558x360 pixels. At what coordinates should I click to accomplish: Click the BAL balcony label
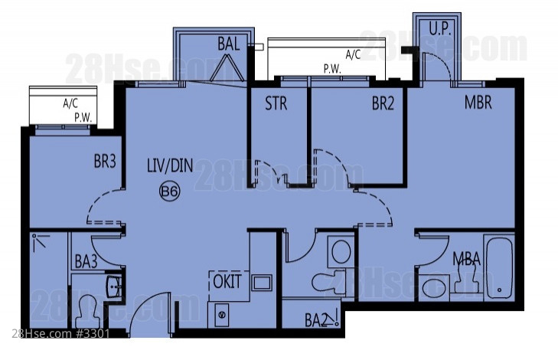tap(228, 44)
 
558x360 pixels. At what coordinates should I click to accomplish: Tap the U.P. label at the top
tap(440, 29)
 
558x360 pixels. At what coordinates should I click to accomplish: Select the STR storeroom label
tap(276, 103)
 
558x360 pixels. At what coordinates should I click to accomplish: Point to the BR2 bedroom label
tap(383, 103)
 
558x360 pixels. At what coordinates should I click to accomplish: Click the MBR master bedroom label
tap(478, 102)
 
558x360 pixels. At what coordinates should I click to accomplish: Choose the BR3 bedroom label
tap(105, 161)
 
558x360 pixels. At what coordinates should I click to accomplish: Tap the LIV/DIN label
tap(170, 165)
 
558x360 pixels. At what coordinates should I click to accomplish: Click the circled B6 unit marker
tap(169, 191)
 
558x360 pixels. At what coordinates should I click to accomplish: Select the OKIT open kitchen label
tap(227, 281)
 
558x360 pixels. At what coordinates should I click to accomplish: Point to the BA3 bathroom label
tap(86, 262)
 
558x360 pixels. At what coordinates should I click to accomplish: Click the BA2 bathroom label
tap(316, 320)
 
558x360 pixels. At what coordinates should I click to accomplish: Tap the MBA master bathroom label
tap(467, 259)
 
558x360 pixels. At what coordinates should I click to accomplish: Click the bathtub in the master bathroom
tap(499, 268)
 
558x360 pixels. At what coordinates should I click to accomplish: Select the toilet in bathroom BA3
tap(86, 312)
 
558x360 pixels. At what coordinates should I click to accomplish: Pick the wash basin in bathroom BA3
tap(115, 285)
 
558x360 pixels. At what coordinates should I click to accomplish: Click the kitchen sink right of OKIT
tap(263, 283)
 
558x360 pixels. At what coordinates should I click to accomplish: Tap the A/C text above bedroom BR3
tap(70, 103)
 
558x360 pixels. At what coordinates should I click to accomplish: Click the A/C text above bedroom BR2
tap(353, 54)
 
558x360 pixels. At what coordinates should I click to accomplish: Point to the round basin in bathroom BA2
tap(341, 251)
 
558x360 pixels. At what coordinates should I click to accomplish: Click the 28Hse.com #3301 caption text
tap(60, 334)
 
